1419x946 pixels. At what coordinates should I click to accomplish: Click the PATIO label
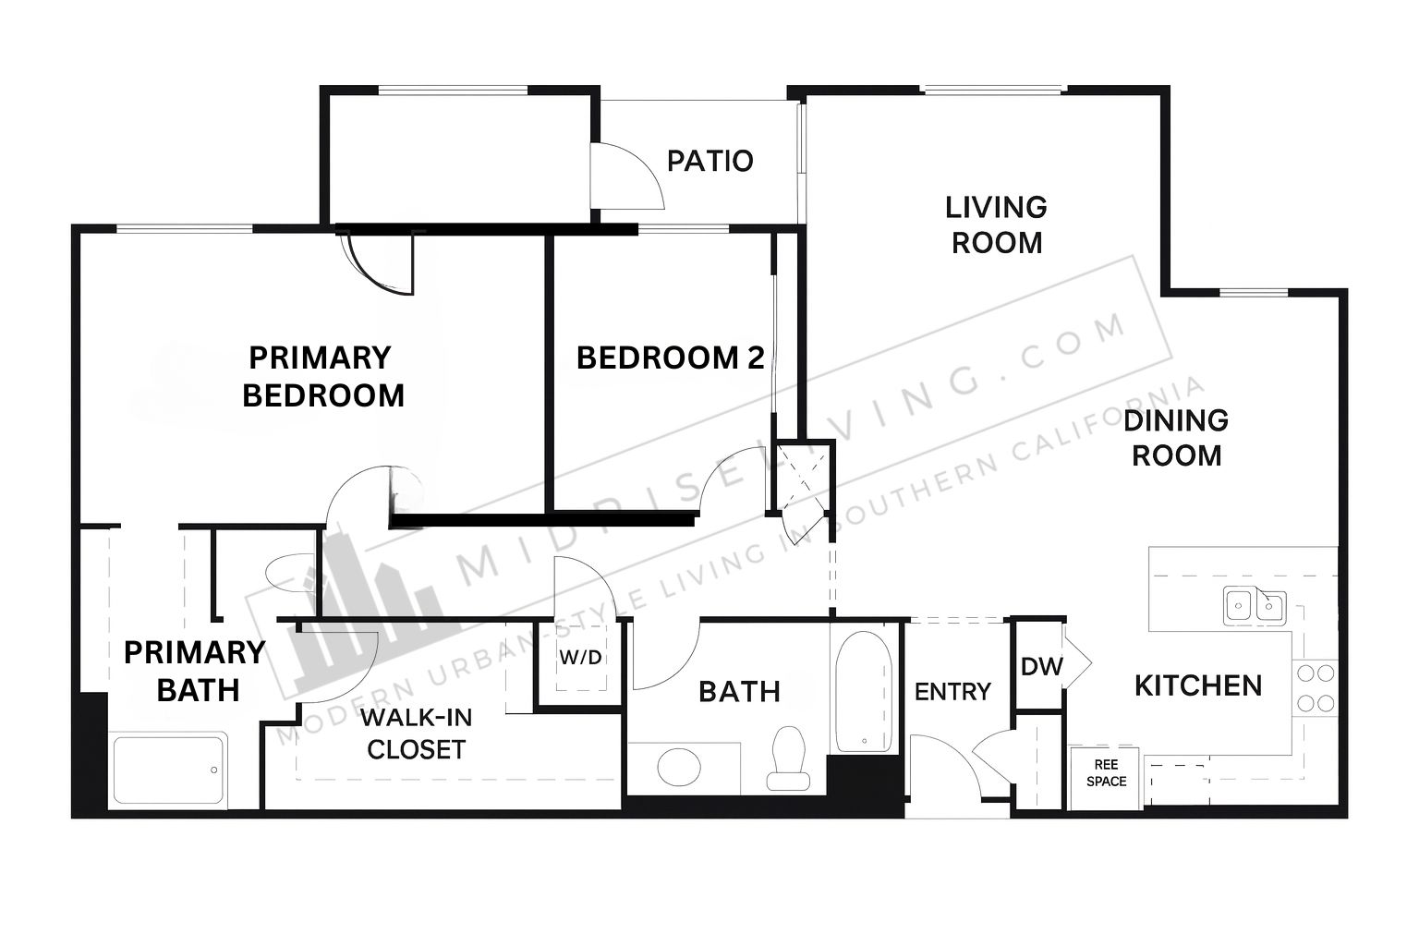pos(710,161)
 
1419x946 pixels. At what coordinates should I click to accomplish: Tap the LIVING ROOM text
pos(997,224)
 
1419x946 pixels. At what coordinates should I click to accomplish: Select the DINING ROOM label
pos(1176,438)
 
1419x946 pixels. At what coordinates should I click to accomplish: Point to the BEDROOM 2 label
pos(670,358)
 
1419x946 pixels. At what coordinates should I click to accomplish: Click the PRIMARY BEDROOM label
pos(322,376)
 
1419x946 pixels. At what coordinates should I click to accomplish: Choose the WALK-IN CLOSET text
pos(417,734)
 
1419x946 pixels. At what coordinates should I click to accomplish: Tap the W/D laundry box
pos(581,659)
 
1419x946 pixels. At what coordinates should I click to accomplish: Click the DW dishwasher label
pos(1042,666)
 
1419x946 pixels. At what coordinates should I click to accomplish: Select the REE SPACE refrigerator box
pos(1106,778)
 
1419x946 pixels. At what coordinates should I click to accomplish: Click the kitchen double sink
pos(1255,606)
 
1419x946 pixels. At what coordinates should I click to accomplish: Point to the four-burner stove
pos(1316,687)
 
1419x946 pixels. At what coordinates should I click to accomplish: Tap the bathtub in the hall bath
pos(864,692)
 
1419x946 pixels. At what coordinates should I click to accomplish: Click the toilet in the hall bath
pos(789,758)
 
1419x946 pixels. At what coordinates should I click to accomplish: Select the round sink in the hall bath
pos(679,767)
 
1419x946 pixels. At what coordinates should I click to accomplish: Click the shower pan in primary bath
pos(168,770)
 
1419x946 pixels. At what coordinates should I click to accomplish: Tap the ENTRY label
pos(952,691)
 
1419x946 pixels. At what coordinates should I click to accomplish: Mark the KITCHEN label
pos(1198,686)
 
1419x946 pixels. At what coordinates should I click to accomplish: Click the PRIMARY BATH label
pos(195,671)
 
